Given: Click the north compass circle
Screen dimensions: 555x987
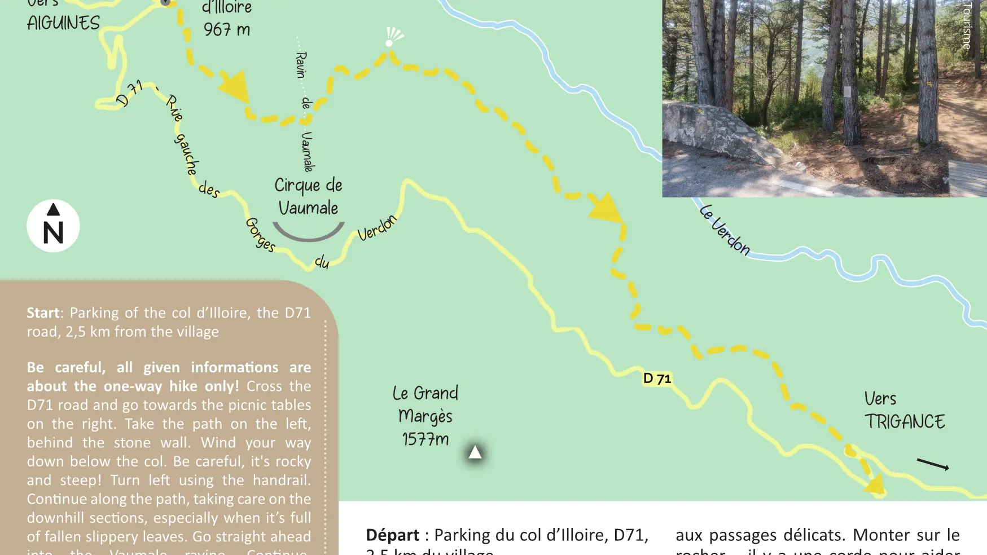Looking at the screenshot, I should (53, 226).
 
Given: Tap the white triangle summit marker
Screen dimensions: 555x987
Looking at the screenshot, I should (475, 452).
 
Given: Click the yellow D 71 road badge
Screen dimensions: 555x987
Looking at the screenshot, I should (657, 378).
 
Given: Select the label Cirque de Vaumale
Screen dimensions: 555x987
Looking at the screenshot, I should (308, 196).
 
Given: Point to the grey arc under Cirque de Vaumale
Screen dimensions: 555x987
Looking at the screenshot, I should (308, 232).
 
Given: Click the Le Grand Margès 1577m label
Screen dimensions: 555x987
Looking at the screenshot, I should (425, 416).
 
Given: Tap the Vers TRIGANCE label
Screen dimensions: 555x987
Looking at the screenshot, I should (904, 411).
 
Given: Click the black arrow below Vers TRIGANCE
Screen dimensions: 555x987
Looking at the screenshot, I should (933, 464).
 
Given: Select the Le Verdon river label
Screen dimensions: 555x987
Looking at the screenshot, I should (725, 230).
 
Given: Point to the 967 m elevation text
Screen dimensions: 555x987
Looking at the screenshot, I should (227, 29).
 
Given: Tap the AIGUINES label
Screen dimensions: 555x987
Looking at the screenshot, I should (63, 23).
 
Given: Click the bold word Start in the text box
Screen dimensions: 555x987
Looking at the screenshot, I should (43, 312).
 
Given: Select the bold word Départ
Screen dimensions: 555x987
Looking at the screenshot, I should (392, 535).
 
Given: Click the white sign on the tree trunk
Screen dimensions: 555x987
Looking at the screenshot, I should (847, 92).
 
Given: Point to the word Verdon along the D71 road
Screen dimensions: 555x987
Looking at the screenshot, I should (377, 228).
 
